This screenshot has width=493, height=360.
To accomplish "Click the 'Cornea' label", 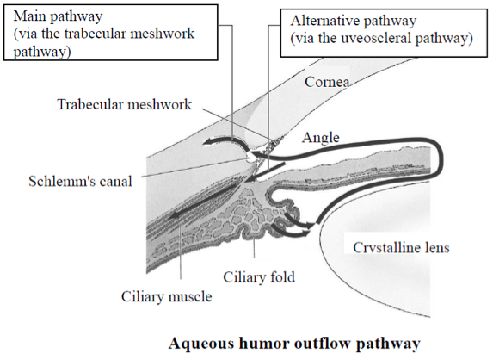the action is point(327,82).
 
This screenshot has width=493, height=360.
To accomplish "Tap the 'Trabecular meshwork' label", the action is point(125,104).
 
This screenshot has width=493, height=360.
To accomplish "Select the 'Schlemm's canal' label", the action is point(81,181).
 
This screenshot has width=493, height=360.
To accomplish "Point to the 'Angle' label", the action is point(321,138).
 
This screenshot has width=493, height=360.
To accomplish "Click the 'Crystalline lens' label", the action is point(401,247).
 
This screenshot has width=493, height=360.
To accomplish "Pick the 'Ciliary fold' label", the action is point(259,277).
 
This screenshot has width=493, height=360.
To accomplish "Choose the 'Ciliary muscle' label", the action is point(167,296).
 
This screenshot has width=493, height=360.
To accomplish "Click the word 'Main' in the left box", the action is point(29,16).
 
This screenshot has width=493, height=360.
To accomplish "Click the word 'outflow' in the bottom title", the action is point(317,343).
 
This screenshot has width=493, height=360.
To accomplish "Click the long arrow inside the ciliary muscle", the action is point(204,201).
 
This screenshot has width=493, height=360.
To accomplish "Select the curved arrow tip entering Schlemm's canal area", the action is point(206,144).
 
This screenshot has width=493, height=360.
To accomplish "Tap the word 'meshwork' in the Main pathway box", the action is point(163,34).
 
